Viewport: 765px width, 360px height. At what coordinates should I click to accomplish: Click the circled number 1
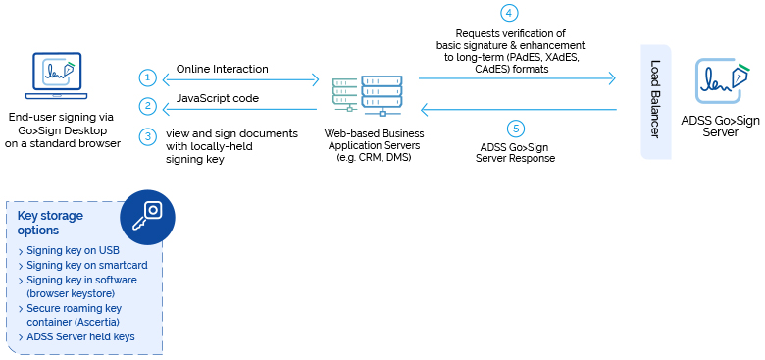point(147,77)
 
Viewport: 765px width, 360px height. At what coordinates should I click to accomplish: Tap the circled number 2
point(147,106)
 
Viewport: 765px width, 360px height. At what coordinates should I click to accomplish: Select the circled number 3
point(147,136)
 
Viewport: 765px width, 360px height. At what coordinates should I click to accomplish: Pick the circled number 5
point(516,129)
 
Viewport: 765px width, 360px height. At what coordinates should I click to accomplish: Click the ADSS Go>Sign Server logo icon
point(718,81)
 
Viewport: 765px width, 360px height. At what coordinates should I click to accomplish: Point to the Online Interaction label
point(222,70)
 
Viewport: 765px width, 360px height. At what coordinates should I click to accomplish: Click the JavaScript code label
point(218,99)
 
